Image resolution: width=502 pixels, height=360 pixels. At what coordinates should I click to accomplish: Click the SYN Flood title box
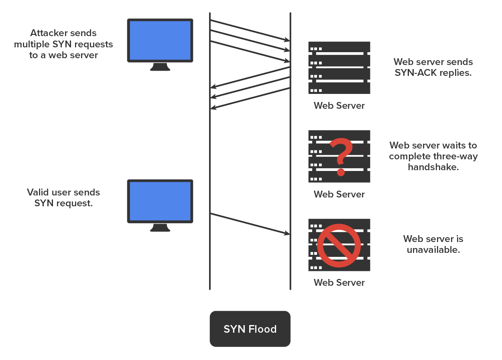[250, 329]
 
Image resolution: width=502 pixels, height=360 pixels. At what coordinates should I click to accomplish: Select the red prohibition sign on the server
[339, 245]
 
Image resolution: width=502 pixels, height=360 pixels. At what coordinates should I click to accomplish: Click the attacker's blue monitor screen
[160, 40]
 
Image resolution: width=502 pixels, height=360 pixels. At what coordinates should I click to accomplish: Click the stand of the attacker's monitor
[160, 67]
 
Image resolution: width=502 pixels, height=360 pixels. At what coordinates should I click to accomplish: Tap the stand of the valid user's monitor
[160, 228]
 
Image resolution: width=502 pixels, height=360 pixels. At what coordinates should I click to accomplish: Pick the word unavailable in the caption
[433, 250]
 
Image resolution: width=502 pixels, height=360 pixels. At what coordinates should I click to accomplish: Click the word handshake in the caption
[433, 167]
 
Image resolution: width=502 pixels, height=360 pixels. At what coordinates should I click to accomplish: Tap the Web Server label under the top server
[339, 106]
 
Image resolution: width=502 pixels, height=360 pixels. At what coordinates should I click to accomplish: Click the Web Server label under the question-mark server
[339, 194]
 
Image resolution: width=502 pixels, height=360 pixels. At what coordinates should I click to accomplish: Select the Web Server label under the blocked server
[339, 283]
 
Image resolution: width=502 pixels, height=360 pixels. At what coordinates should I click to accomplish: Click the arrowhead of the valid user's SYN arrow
[287, 233]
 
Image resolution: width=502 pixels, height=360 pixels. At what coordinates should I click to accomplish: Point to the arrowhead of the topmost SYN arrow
[287, 40]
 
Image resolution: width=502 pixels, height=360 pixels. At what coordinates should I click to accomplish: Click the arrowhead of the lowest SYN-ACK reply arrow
[213, 107]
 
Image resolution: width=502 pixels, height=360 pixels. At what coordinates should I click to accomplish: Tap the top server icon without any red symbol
[339, 67]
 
